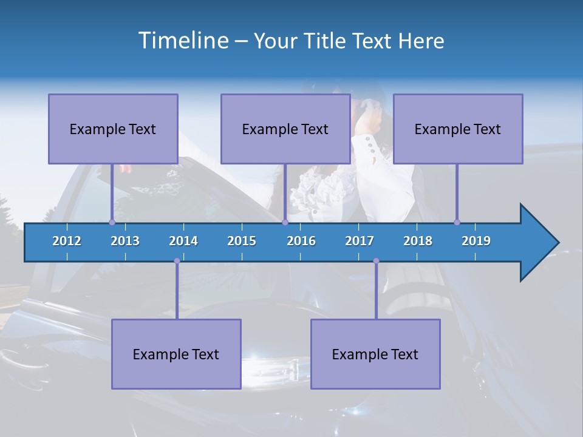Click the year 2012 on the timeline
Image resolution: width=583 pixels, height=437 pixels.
click(67, 241)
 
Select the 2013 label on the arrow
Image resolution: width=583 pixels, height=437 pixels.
click(125, 241)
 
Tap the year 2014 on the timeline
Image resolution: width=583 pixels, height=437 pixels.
click(183, 241)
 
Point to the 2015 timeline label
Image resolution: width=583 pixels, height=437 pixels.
click(242, 241)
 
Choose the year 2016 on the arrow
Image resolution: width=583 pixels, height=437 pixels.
click(301, 241)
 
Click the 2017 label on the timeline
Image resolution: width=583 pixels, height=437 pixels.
click(360, 241)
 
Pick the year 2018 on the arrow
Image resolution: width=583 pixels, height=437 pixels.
click(418, 241)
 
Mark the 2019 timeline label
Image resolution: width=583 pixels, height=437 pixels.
click(476, 241)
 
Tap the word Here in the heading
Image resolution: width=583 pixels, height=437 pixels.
click(421, 41)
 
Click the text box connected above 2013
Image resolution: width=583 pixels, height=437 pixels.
click(113, 129)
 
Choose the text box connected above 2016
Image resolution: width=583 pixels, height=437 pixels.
click(285, 129)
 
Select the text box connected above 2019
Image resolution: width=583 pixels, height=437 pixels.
click(458, 129)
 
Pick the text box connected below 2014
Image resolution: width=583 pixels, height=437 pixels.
click(176, 354)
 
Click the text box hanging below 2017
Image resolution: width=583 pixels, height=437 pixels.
click(375, 354)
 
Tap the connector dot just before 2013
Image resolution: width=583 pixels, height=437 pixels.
click(112, 222)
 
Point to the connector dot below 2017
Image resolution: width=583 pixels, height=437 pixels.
click(376, 261)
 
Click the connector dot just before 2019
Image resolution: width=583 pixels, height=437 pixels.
click(457, 222)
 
